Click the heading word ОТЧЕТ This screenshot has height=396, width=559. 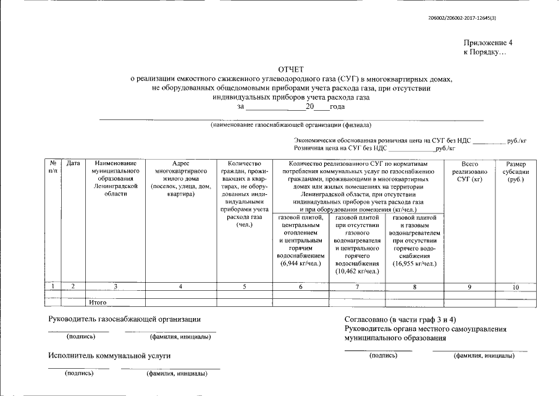click(x=291, y=69)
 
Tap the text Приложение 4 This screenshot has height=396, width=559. click(x=488, y=43)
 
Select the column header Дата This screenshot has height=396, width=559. click(x=73, y=163)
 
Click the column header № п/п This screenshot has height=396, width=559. click(x=53, y=166)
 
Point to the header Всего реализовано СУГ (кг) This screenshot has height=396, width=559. click(x=469, y=171)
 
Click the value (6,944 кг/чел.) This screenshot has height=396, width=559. click(x=301, y=264)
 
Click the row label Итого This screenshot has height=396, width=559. click(x=98, y=302)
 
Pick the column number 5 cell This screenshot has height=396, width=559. click(x=245, y=286)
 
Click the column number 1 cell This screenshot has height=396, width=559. click(x=53, y=286)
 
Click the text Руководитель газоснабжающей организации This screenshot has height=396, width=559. click(x=125, y=319)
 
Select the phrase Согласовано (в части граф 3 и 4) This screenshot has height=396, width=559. click(x=404, y=319)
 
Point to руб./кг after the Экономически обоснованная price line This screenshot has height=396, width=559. click(x=516, y=140)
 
